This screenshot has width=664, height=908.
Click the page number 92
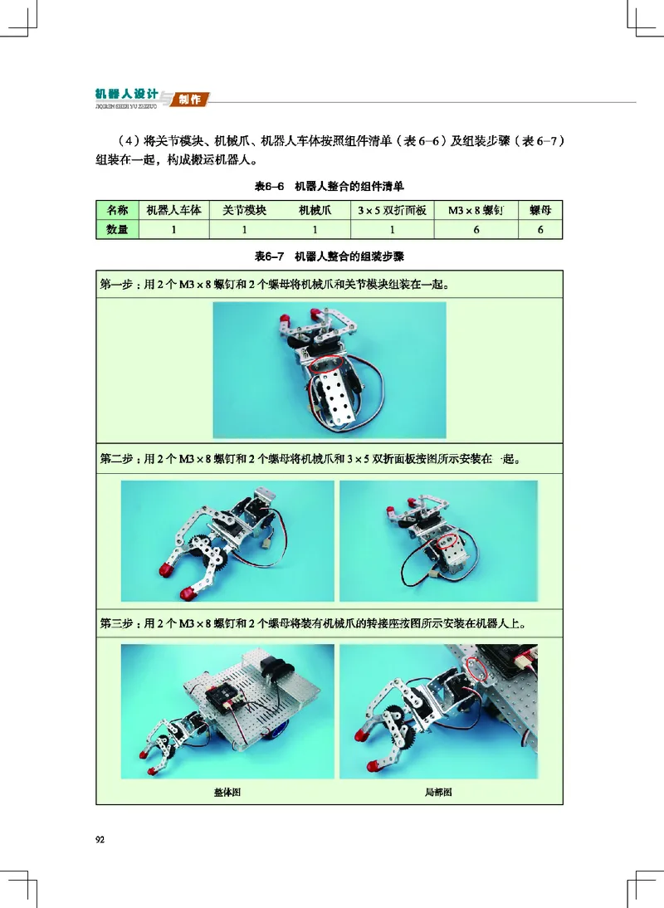point(100,840)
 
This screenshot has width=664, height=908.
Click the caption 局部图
point(437,793)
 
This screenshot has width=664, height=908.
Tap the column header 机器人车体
point(173,211)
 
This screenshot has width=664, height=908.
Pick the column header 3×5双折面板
point(392,211)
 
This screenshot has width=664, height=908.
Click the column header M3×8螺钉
point(476,211)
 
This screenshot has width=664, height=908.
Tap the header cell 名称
point(117,211)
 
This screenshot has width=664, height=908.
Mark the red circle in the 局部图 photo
point(476,668)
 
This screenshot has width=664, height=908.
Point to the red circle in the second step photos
point(449,541)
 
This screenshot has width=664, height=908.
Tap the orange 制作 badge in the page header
point(191,100)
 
